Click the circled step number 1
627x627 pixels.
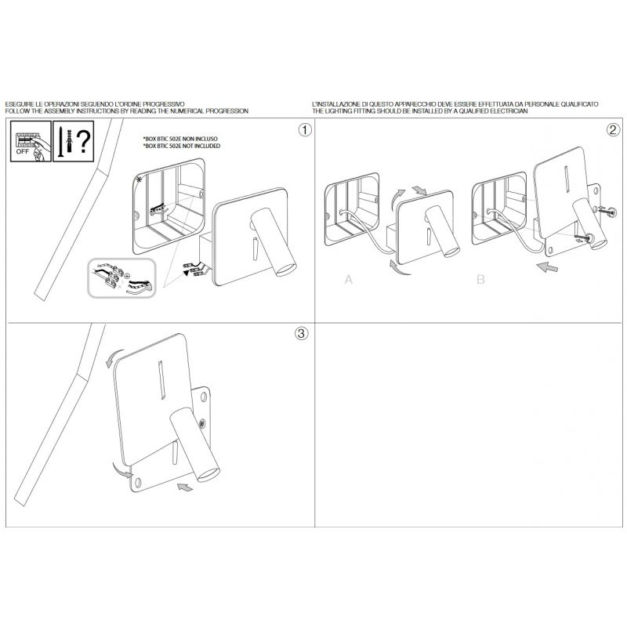[x=305, y=130]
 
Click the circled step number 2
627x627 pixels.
[x=614, y=130]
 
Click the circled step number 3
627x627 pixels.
[x=302, y=333]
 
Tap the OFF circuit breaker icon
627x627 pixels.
[x=31, y=142]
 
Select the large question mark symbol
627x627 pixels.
[x=84, y=142]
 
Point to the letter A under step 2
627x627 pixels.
[x=349, y=279]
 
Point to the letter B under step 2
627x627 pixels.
[x=480, y=279]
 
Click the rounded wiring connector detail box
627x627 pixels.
[x=121, y=278]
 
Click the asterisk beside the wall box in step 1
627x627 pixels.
[x=140, y=179]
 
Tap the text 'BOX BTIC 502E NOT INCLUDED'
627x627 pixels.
[x=182, y=147]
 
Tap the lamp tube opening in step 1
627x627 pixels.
[x=287, y=269]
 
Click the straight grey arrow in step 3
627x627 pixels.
[x=185, y=487]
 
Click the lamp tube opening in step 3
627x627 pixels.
[x=209, y=475]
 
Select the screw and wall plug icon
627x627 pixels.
[x=65, y=142]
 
